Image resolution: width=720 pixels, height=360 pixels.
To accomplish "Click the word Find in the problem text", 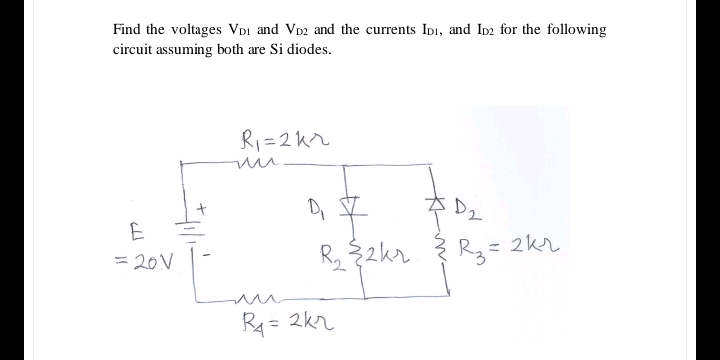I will [127, 29].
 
